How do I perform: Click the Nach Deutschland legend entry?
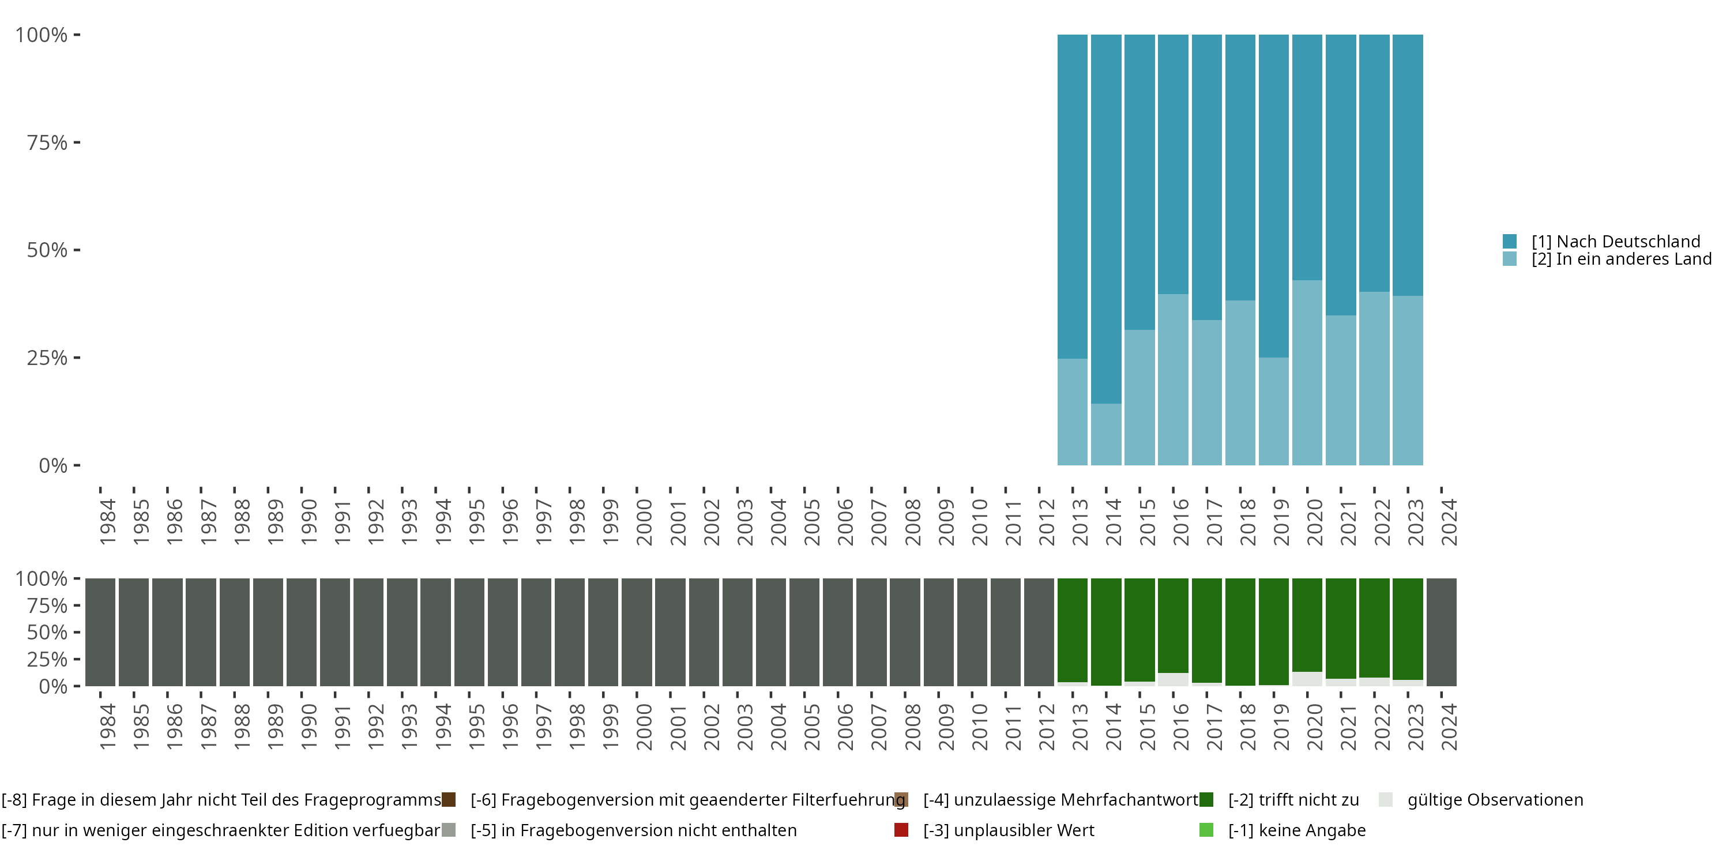pos(1615,241)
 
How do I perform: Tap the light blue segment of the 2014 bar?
pos(1106,434)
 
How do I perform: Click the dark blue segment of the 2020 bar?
pos(1307,157)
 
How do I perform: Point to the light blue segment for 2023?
pos(1408,380)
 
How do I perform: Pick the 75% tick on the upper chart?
pos(48,142)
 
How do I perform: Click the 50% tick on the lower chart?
pos(48,632)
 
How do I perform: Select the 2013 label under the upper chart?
pos(1081,522)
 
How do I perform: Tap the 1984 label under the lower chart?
pos(107,727)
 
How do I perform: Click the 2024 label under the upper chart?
pos(1449,522)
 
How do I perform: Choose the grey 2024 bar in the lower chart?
pos(1441,632)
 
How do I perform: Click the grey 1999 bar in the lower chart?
pos(603,632)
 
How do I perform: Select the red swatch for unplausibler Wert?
pos(901,830)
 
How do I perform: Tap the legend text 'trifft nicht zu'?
pos(1293,800)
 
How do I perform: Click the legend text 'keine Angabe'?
pos(1296,830)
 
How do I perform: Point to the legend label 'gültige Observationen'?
pos(1495,800)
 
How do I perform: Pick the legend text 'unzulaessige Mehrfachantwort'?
pos(1060,800)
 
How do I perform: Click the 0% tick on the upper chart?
pos(53,465)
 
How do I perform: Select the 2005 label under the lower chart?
pos(812,727)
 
